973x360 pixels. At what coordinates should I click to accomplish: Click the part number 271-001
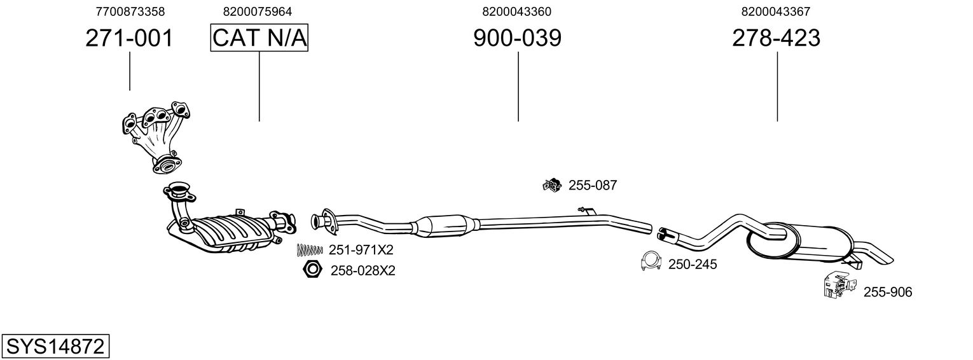pos(129,39)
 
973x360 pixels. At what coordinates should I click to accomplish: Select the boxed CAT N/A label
pos(259,39)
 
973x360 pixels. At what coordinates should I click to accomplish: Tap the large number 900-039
pos(517,39)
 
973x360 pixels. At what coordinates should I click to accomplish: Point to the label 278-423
pos(776,39)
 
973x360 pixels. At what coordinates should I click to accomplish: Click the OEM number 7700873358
pos(130,11)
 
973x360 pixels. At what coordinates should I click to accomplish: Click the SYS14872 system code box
pos(55,347)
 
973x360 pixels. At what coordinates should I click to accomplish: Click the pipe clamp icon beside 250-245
pos(651,261)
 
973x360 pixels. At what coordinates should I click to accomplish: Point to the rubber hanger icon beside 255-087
pos(551,185)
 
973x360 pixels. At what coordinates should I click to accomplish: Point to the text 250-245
pos(693,264)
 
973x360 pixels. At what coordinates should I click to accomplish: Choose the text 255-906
pos(887,292)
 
